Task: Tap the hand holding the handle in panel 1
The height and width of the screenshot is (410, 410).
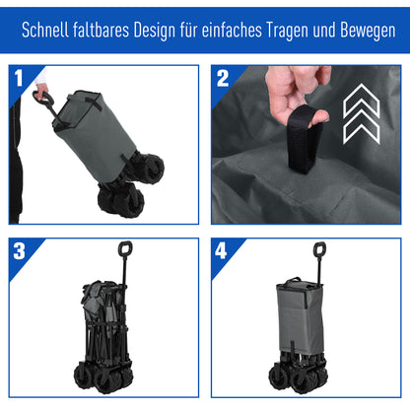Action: pos(40,94)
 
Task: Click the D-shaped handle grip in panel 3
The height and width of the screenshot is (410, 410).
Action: pos(125,250)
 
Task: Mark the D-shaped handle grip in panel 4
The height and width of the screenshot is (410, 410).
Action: pos(319,250)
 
